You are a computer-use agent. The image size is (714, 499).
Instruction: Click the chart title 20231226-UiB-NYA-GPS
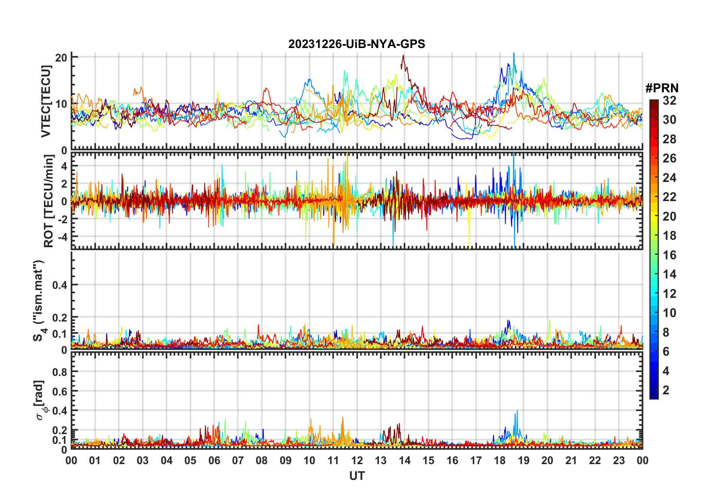click(357, 44)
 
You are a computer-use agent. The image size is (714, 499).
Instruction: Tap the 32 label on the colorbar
click(669, 101)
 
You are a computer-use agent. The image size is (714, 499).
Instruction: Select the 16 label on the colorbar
click(669, 255)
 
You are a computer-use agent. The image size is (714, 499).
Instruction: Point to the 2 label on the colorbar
click(666, 390)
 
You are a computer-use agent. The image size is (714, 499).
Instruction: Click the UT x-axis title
click(357, 476)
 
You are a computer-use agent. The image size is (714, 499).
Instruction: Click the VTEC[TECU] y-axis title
click(46, 101)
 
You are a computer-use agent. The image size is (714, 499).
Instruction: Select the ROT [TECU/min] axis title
click(48, 201)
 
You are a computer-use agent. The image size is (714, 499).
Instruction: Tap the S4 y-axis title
click(38, 301)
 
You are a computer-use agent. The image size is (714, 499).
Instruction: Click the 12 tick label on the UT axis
click(357, 460)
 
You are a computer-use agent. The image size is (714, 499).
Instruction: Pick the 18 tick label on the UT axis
click(500, 460)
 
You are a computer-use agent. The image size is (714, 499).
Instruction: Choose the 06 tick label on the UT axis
click(214, 460)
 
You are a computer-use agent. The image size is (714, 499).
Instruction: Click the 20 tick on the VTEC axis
click(61, 57)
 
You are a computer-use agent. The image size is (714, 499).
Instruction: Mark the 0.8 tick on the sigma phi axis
click(60, 372)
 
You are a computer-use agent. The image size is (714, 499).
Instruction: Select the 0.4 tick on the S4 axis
click(60, 285)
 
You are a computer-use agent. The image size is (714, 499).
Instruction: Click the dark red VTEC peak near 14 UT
click(403, 56)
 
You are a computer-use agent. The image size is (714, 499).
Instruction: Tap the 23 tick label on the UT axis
click(619, 460)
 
